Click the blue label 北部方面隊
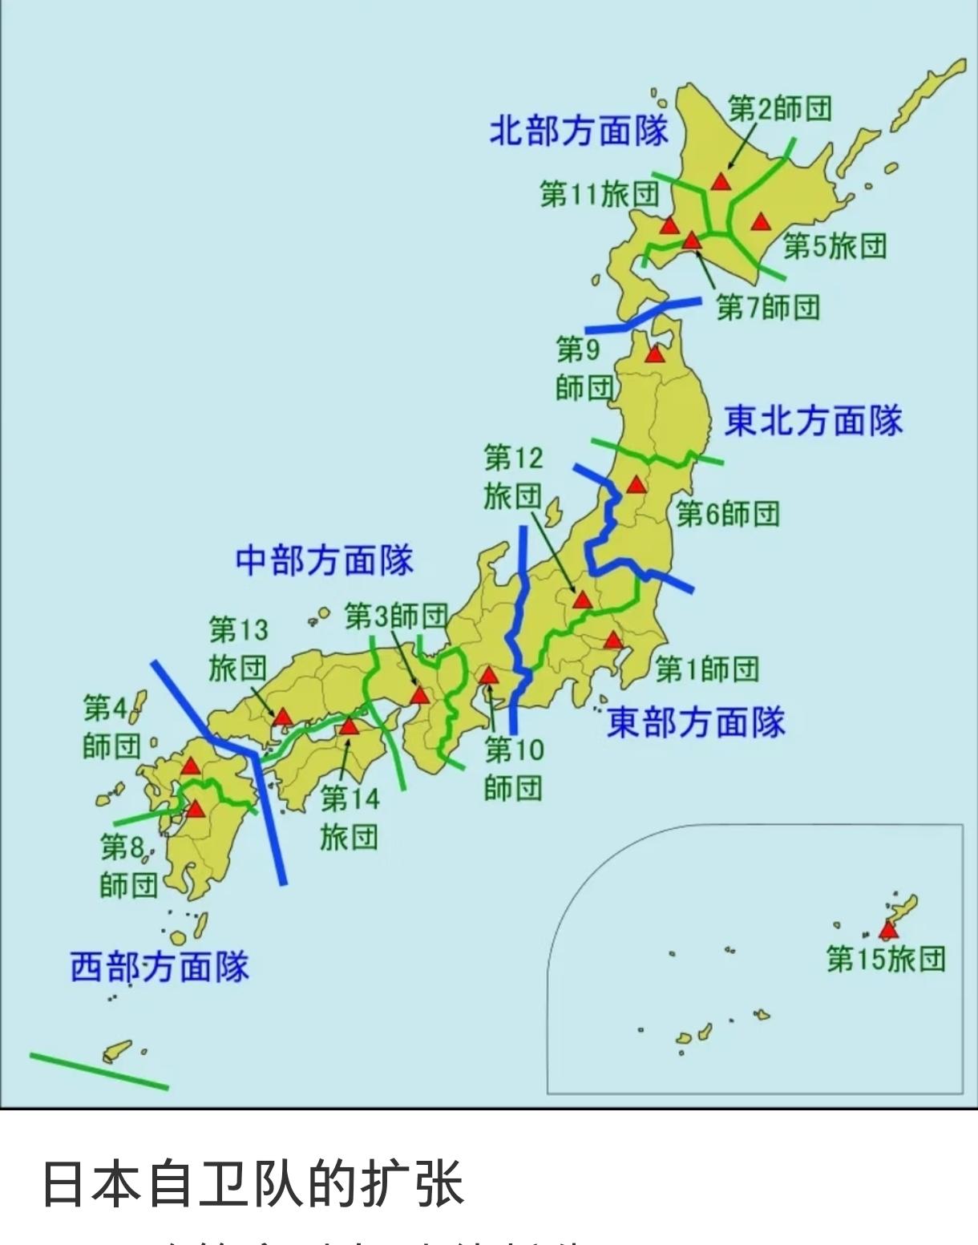[578, 130]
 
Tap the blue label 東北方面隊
[813, 421]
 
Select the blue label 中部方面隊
[324, 560]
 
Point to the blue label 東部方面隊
[695, 722]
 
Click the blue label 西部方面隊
[160, 967]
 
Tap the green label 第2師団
[779, 108]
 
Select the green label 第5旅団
[835, 245]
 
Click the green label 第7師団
[767, 306]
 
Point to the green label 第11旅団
[599, 193]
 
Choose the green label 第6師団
[727, 513]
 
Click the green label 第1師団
[706, 668]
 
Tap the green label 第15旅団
[886, 959]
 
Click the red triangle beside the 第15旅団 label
[887, 931]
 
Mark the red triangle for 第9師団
[655, 354]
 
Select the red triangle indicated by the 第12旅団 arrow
[582, 600]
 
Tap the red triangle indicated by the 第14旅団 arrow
[348, 727]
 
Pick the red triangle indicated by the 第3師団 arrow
[419, 695]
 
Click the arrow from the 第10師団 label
[491, 705]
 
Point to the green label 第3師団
[396, 616]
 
